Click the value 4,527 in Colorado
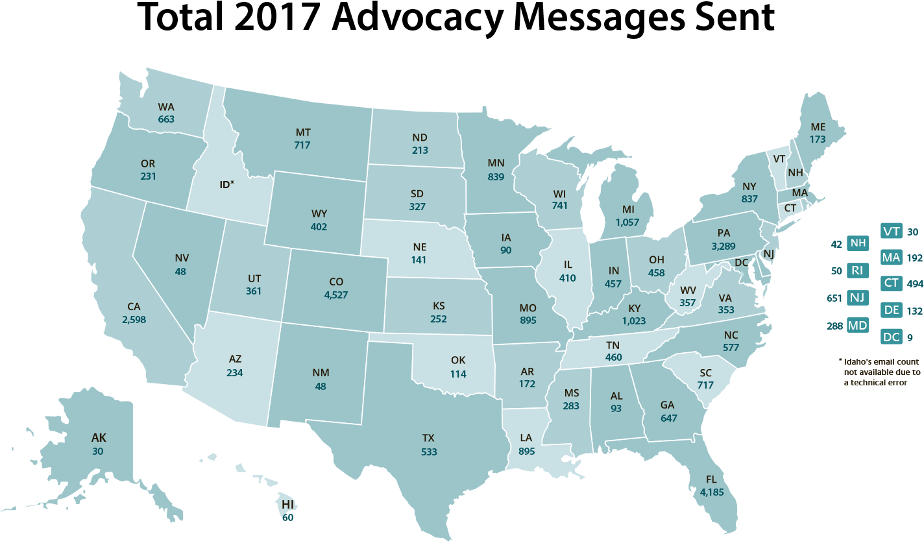pyautogui.click(x=335, y=295)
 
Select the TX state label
pyautogui.click(x=428, y=439)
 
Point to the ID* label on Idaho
pyautogui.click(x=226, y=184)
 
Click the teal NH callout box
pyautogui.click(x=858, y=243)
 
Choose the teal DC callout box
pyautogui.click(x=891, y=337)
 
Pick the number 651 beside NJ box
pyautogui.click(x=834, y=298)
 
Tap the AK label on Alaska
pyautogui.click(x=98, y=438)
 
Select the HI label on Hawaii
pyautogui.click(x=287, y=504)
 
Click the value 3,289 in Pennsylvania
pyautogui.click(x=723, y=246)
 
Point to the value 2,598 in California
pyautogui.click(x=134, y=319)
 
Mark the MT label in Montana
pyautogui.click(x=302, y=132)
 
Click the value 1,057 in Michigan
pyautogui.click(x=627, y=222)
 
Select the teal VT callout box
pyautogui.click(x=891, y=231)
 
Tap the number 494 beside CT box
pyautogui.click(x=914, y=284)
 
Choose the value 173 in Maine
pyautogui.click(x=818, y=139)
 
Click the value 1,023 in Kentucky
pyautogui.click(x=634, y=320)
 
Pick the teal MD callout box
pyautogui.click(x=858, y=325)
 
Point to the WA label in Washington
pyautogui.click(x=166, y=106)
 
